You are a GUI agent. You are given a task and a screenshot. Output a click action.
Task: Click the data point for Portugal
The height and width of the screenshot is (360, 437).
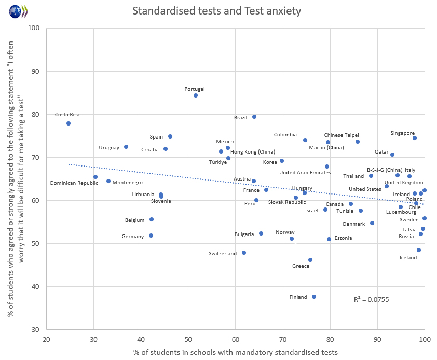pyautogui.click(x=196, y=95)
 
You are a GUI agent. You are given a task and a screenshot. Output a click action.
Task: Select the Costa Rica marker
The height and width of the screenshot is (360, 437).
pyautogui.click(x=69, y=123)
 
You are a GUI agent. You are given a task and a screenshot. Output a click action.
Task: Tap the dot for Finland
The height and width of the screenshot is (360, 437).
pyautogui.click(x=314, y=297)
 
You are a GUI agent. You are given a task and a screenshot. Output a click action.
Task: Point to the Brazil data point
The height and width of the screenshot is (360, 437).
pyautogui.click(x=254, y=117)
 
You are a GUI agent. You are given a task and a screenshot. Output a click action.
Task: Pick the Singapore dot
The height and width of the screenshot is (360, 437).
pyautogui.click(x=415, y=138)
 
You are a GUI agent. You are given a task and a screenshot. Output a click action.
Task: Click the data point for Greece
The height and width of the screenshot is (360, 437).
pyautogui.click(x=310, y=260)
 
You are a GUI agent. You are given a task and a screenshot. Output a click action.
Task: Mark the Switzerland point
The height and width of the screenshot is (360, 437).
pyautogui.click(x=244, y=253)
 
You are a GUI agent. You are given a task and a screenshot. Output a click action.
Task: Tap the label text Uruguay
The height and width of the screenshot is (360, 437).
pyautogui.click(x=109, y=148)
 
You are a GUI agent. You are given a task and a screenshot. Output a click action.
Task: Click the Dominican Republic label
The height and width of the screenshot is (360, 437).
pyautogui.click(x=74, y=183)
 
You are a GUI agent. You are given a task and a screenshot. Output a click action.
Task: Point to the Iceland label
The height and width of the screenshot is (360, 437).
pyautogui.click(x=408, y=257)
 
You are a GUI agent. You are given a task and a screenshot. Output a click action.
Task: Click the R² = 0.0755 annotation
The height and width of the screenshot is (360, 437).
pyautogui.click(x=371, y=299)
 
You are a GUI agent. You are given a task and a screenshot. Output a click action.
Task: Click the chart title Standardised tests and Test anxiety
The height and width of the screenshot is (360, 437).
pyautogui.click(x=217, y=11)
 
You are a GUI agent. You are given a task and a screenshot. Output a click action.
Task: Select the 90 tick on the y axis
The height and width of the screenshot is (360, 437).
pyautogui.click(x=36, y=71)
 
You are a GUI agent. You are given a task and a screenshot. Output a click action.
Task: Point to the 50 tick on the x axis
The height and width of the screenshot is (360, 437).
pyautogui.click(x=188, y=339)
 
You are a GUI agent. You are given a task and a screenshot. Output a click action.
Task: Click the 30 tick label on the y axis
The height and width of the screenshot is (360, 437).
pyautogui.click(x=36, y=329)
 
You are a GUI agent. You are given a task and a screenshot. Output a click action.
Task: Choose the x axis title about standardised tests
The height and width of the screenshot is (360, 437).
pyautogui.click(x=236, y=352)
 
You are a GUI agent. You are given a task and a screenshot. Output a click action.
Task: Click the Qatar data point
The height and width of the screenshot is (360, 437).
pyautogui.click(x=392, y=155)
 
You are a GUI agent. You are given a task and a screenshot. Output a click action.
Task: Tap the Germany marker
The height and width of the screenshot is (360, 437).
pyautogui.click(x=151, y=236)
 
